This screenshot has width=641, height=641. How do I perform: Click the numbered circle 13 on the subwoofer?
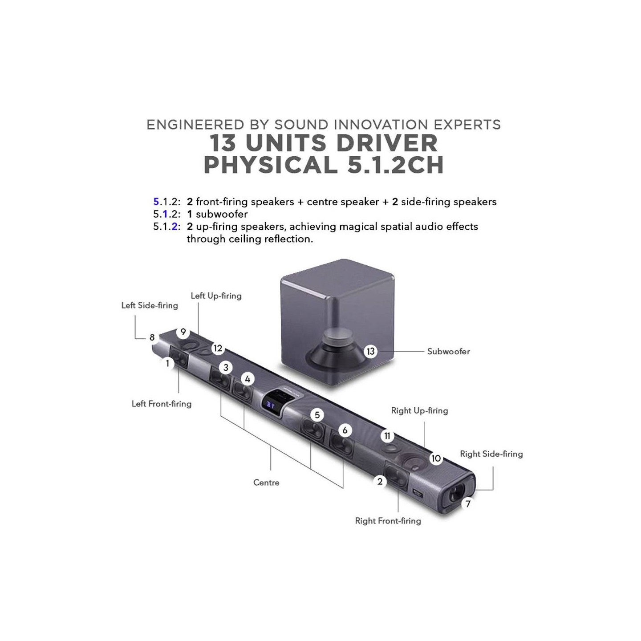coord(370,351)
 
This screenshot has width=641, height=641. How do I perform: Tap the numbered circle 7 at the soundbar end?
coord(468,504)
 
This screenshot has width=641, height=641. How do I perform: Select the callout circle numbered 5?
coord(317,415)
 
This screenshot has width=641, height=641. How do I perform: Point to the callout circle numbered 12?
coord(218,348)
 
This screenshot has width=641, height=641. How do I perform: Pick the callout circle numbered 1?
coord(168,363)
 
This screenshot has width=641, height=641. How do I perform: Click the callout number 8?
coord(152,337)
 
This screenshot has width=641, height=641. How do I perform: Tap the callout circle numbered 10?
coord(436,458)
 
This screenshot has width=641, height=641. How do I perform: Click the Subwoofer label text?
coord(448,352)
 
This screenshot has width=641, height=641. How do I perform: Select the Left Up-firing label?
coord(216,296)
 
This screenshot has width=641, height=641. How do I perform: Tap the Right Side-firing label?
coord(491,454)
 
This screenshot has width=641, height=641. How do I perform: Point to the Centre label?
coord(266,483)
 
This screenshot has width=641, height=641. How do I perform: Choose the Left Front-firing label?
coord(162,404)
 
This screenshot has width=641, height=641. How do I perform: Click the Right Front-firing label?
coord(388,521)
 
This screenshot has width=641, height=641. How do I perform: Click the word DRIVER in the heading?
coord(387,143)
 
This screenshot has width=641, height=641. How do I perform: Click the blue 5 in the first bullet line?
coord(156,202)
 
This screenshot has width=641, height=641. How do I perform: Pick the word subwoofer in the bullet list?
coord(222,214)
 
